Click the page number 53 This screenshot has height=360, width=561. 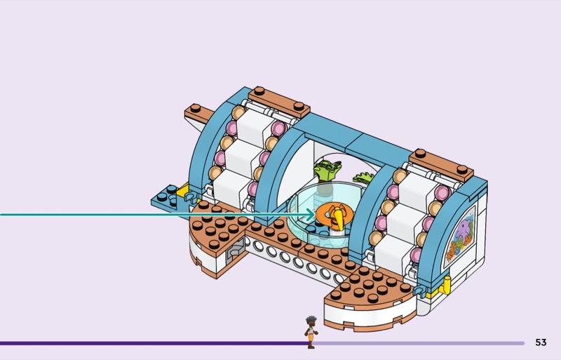pyautogui.click(x=541, y=342)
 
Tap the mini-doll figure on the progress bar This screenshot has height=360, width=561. pyautogui.click(x=311, y=332)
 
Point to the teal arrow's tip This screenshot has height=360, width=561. pyautogui.click(x=314, y=215)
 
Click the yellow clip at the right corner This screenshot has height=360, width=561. pyautogui.click(x=447, y=286)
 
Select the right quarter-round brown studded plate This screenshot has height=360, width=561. pyautogui.click(x=370, y=287)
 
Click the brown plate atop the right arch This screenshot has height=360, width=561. pyautogui.click(x=441, y=166)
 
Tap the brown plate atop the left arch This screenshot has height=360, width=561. pyautogui.click(x=278, y=102)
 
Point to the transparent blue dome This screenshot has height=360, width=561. pyautogui.click(x=325, y=213)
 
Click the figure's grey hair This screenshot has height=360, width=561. pyautogui.click(x=311, y=319)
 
